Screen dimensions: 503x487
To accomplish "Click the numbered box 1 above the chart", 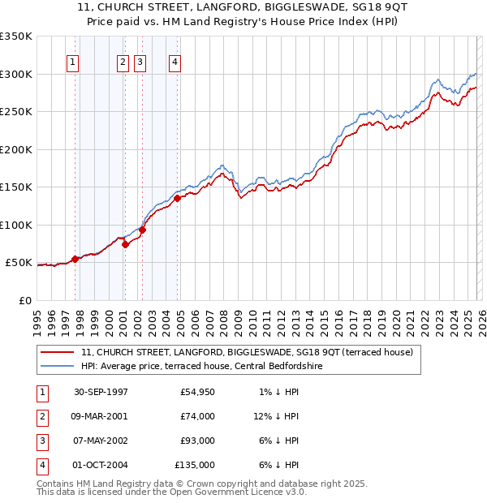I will coord(73,62).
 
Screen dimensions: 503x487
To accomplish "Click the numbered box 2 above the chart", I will coord(123,62).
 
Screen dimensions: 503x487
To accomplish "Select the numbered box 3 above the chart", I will coord(140,62).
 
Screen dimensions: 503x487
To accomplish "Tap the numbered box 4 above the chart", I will coord(175,62).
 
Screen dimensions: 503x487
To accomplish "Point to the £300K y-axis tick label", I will coord(15,74).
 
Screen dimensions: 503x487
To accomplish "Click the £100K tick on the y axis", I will coord(15,225).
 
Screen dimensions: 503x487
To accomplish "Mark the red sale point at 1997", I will coord(75,259).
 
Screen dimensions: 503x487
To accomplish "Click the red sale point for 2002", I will coord(142,230).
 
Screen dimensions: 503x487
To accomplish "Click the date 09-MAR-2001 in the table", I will coord(100,416).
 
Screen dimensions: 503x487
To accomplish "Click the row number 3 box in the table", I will coord(41,441).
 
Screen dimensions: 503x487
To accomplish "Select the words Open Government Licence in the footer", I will coord(237,492).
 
